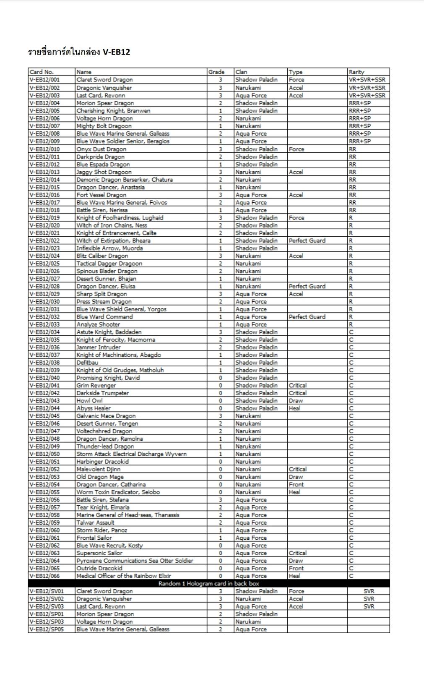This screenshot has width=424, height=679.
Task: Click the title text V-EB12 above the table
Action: pos(116,52)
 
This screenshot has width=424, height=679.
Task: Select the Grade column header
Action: pos(216,72)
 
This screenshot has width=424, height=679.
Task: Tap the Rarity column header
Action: pos(356,72)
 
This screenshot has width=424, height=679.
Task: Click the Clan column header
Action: pos(241,72)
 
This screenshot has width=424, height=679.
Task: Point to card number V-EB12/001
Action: pos(44,80)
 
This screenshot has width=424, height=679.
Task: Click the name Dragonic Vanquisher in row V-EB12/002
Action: pos(104,88)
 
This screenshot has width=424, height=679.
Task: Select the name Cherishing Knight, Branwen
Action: pos(113,111)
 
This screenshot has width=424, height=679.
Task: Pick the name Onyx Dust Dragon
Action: pos(101,149)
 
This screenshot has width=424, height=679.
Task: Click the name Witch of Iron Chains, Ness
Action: pos(112,225)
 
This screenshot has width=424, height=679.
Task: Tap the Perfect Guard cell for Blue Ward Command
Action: pos(307,317)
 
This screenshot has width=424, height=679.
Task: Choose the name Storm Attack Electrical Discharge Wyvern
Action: pos(131,454)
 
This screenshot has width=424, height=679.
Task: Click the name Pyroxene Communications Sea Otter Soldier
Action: pos(135,561)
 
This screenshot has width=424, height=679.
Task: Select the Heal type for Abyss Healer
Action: pos(294,408)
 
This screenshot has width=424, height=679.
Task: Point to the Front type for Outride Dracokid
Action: pos(296,568)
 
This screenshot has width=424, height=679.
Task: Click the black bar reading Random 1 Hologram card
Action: pos(209,584)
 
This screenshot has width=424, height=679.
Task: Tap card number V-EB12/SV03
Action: pos(47,606)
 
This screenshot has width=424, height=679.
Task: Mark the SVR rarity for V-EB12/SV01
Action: pos(369,591)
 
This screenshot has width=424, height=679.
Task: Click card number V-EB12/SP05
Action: pos(47,629)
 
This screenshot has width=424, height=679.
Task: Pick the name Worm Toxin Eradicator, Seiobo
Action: pos(118,492)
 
